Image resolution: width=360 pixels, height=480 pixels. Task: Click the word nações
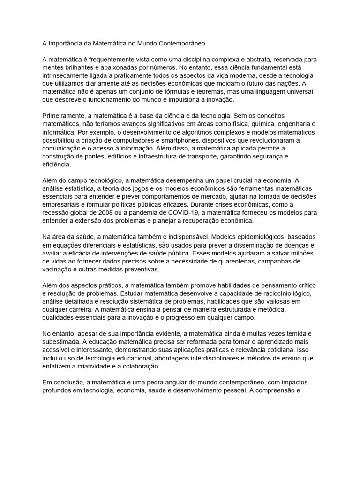pos(295,83)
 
